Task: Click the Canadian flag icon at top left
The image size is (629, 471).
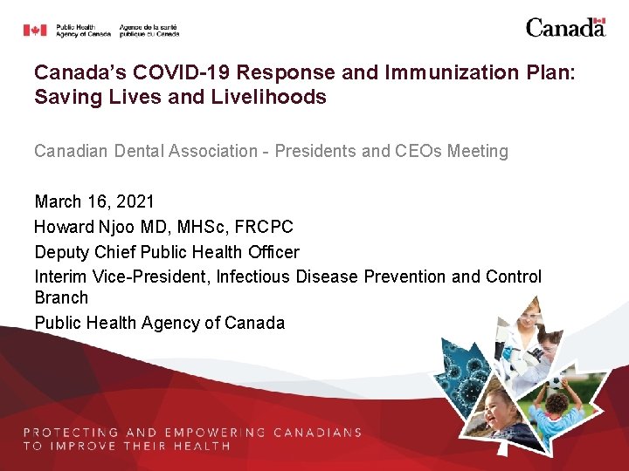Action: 35,31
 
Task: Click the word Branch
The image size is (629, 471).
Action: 61,297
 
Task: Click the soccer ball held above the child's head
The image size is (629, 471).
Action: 556,381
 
